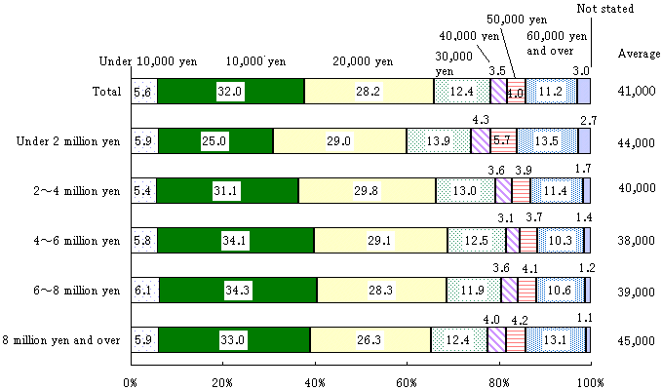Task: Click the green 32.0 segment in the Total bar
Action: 230,92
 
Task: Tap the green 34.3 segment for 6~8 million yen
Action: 237,290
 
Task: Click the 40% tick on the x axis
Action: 314,381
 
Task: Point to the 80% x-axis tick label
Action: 498,381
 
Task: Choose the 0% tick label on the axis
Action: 132,381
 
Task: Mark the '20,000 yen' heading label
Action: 346,61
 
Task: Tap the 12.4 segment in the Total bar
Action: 462,92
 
